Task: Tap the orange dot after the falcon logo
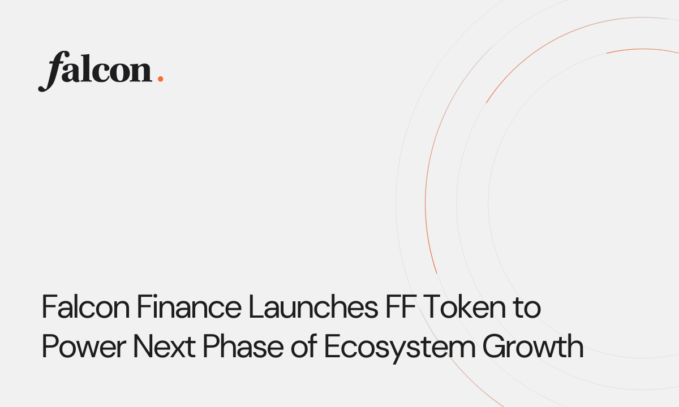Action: tap(160, 79)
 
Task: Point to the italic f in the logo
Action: tap(51, 71)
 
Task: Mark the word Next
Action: tap(164, 347)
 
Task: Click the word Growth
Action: tap(532, 347)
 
